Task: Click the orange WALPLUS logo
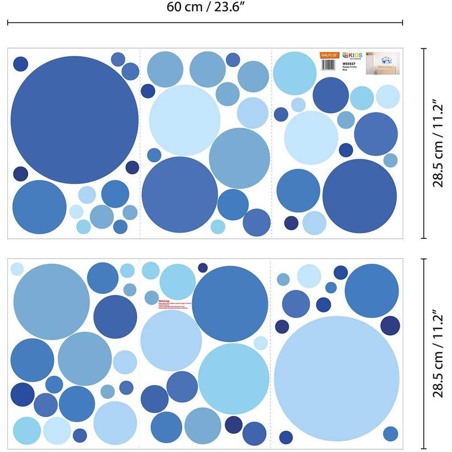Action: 330,55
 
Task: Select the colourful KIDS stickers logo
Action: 352,55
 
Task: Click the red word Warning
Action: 164,300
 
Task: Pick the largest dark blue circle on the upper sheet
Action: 75,120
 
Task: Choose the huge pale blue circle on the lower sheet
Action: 337,378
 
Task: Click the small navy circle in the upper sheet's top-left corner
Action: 20,64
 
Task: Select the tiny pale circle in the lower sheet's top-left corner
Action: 17,268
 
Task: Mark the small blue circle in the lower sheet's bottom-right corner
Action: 390,433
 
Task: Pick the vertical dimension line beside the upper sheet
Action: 424,143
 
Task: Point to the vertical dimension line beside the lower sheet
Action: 424,353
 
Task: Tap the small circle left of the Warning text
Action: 151,297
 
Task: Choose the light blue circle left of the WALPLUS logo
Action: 294,73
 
